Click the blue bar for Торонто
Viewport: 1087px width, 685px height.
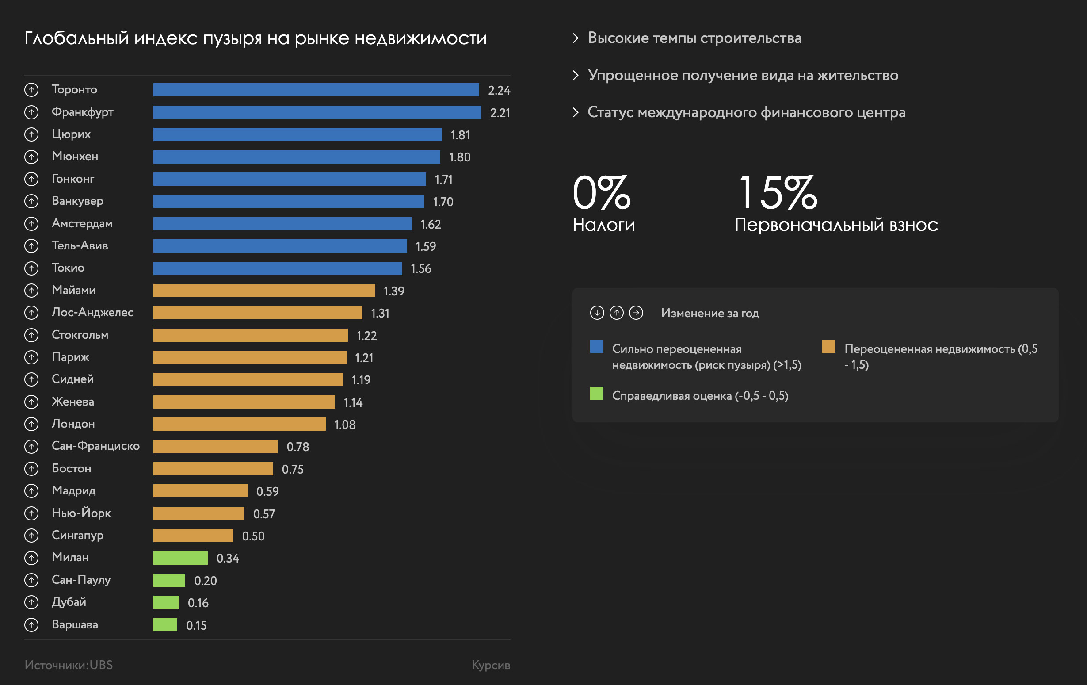pos(316,90)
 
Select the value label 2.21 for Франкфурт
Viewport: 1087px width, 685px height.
pos(500,112)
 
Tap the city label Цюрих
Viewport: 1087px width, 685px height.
pos(71,134)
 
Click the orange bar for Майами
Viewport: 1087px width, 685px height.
pos(264,291)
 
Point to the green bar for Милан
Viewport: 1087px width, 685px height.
pos(180,558)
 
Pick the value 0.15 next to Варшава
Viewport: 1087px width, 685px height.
pos(196,625)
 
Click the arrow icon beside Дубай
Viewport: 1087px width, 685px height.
pos(31,602)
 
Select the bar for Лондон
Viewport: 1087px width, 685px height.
pos(239,424)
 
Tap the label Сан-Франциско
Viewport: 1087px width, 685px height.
pos(95,446)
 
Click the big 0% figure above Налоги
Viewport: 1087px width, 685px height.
pos(601,193)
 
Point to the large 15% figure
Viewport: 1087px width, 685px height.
pos(778,193)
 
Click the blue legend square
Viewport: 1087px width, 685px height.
pos(596,346)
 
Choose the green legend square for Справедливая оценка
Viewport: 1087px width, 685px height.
pos(596,393)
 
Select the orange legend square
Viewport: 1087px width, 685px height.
pos(828,346)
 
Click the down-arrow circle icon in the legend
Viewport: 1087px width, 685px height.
pos(597,313)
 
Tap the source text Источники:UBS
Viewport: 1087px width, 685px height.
pos(69,665)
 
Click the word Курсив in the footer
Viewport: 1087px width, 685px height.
pos(491,665)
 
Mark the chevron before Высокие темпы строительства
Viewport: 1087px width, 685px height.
pos(576,38)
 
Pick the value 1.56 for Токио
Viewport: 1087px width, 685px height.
pos(421,269)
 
